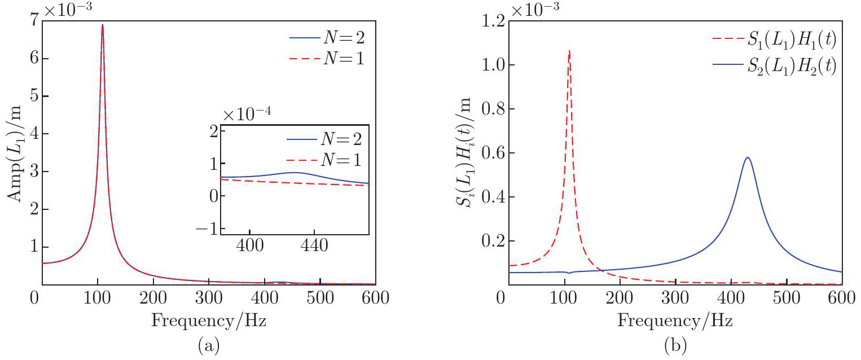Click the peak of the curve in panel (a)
tap(102, 25)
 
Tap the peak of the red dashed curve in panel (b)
tap(569, 51)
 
